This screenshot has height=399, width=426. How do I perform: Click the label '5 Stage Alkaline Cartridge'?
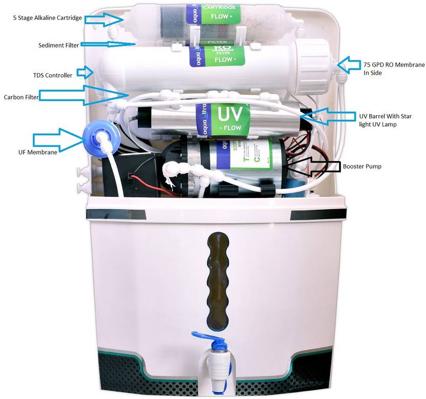(47, 18)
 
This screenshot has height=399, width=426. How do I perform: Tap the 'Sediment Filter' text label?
(59, 45)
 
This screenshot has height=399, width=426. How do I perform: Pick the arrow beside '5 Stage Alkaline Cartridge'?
(104, 18)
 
